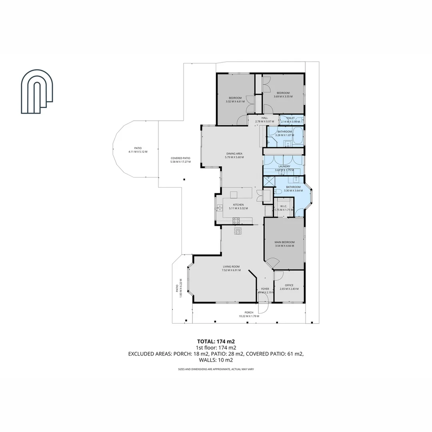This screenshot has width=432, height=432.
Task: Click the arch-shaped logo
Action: click(x=37, y=92)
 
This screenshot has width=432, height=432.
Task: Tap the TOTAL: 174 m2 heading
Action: click(x=216, y=341)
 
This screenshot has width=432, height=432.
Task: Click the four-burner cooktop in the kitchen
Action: click(x=236, y=220)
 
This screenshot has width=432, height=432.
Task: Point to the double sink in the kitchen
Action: click(x=220, y=207)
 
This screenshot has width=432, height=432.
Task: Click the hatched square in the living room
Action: click(x=238, y=230)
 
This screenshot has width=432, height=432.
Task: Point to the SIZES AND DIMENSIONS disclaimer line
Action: click(x=216, y=369)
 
